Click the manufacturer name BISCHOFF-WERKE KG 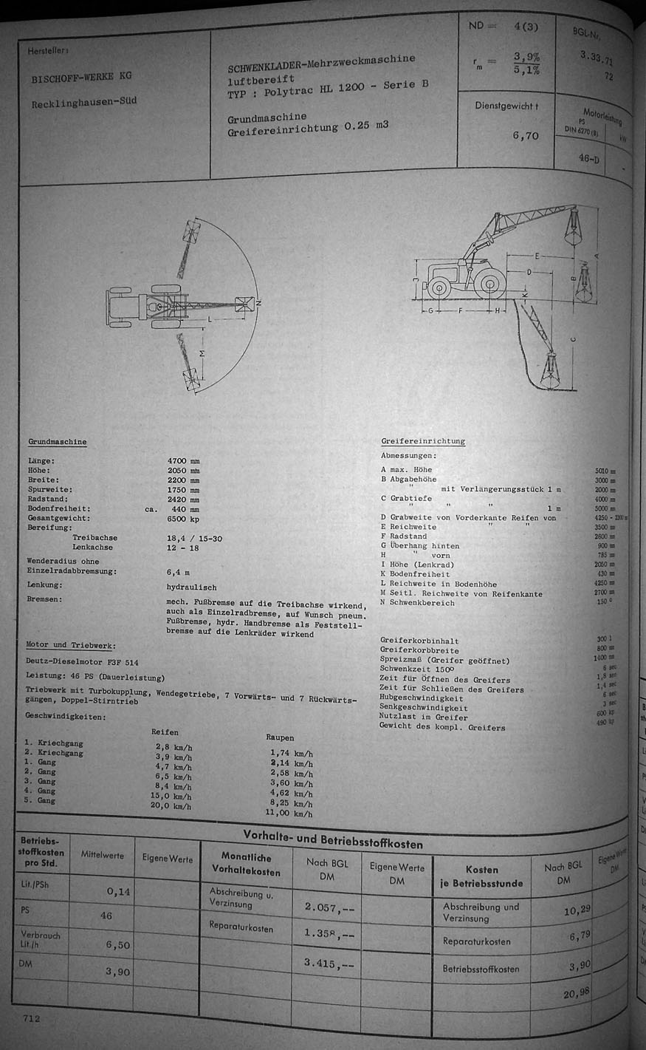pos(81,76)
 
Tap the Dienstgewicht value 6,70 pos(526,136)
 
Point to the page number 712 pos(31,1018)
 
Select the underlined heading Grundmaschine pos(58,442)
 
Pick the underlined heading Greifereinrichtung pos(423,441)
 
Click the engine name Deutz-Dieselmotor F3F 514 pos(82,662)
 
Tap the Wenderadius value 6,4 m pos(178,572)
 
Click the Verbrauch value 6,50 pos(117,945)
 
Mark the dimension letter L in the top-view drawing pos(210,319)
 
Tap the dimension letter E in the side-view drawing pos(537,255)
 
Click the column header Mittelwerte pos(103,856)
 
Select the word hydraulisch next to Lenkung pos(192,585)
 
